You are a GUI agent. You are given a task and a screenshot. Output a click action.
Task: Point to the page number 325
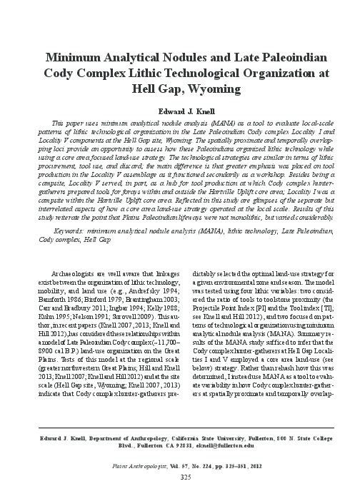pyautogui.click(x=179, y=475)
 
